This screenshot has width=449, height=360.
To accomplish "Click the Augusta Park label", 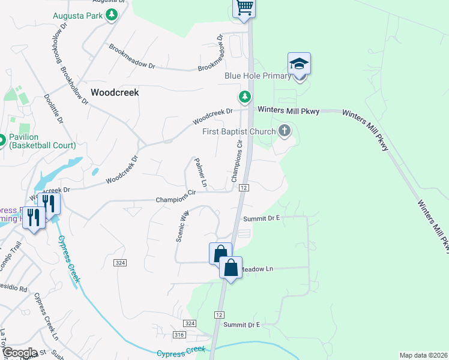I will tap(78, 15).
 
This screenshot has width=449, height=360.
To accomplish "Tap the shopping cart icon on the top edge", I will tap(244, 7).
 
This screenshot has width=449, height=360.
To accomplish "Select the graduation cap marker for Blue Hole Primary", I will tap(299, 64).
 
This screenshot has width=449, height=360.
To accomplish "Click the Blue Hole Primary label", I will tap(258, 76).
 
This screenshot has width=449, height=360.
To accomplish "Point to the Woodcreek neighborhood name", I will tap(115, 92).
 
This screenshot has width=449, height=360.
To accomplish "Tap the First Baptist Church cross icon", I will tap(285, 131).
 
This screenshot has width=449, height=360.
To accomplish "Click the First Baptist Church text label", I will tap(238, 131).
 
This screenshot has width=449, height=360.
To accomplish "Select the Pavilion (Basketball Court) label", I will tap(42, 141).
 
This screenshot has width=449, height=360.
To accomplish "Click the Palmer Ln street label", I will tap(200, 172).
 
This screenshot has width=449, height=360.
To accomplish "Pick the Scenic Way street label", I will tap(182, 226).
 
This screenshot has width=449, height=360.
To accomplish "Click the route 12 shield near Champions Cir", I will tap(243, 188).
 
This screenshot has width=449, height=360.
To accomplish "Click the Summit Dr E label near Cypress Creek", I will tap(241, 325).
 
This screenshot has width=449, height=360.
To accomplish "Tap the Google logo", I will tap(20, 353).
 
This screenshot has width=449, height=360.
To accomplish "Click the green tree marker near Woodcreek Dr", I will tap(244, 97).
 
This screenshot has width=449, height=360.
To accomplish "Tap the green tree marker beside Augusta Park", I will tap(111, 15).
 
